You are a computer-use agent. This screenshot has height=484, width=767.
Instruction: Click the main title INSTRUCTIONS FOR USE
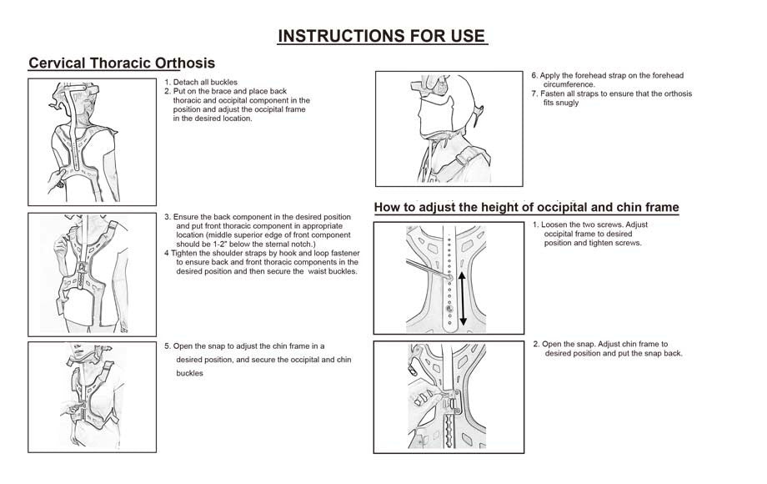point(381,36)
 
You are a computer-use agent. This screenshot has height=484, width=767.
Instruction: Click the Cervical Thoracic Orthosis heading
point(122,63)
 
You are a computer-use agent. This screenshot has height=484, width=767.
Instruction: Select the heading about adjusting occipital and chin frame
point(526,207)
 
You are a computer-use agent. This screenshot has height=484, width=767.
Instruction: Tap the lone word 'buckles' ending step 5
point(191,373)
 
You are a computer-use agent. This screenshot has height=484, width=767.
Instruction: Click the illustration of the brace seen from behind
point(92,142)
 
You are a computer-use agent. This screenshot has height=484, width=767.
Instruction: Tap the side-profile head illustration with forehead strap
point(449,129)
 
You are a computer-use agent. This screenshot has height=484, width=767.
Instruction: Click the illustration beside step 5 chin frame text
point(92,396)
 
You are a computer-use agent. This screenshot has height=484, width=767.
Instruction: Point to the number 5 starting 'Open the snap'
point(167,345)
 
